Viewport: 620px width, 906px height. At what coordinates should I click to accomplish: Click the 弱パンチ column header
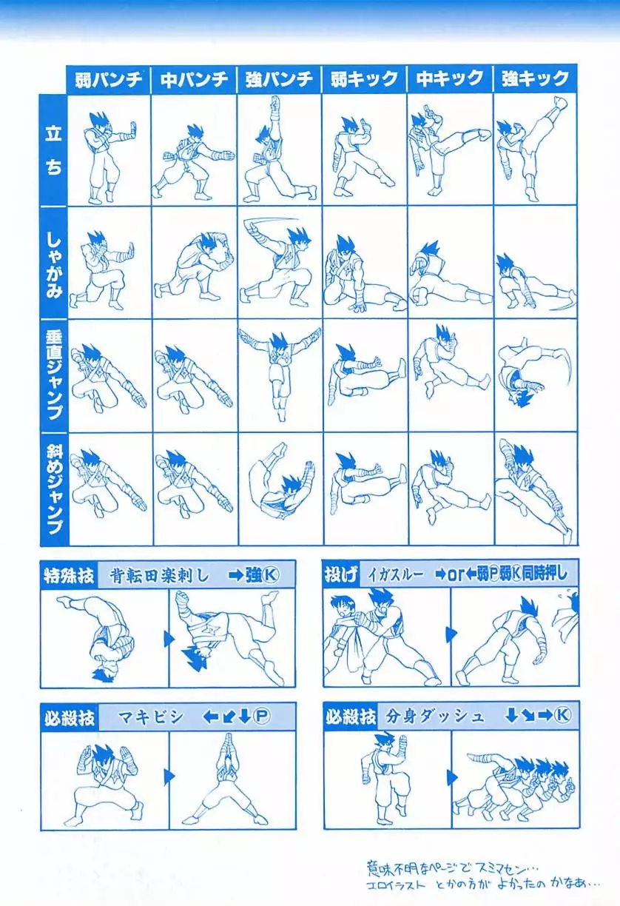[109, 79]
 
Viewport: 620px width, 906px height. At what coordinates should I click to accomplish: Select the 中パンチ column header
[194, 79]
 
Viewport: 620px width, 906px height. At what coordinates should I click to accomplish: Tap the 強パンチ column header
[279, 79]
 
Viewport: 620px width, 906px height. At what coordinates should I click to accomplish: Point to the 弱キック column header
[365, 79]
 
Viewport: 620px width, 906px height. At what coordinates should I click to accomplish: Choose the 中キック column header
[450, 79]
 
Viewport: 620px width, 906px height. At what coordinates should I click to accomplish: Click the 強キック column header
[535, 79]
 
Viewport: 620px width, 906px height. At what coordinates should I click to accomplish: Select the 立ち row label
[53, 150]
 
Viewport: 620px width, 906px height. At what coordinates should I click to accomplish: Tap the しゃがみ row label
[53, 266]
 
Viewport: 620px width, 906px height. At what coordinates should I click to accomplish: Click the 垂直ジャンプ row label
[54, 376]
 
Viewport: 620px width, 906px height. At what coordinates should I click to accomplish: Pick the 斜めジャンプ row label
[54, 489]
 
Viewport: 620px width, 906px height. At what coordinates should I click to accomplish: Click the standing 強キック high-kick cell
[535, 150]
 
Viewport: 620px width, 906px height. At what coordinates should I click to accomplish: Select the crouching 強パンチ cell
[279, 263]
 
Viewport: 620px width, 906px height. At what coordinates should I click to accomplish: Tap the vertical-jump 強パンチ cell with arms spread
[280, 376]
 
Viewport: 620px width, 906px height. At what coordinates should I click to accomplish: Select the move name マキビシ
[151, 717]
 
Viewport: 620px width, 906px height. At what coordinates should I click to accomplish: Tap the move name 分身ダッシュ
[434, 717]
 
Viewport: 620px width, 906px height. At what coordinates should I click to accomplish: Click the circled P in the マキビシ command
[261, 717]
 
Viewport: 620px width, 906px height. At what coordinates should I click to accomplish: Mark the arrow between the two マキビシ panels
[169, 776]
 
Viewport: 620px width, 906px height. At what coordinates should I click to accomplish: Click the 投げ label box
[341, 574]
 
